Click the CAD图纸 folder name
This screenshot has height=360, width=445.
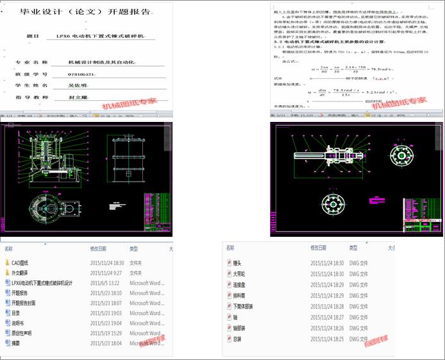tap(20, 262)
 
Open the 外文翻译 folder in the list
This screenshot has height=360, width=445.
tap(21, 273)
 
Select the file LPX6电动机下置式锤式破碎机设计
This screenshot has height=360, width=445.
tap(42, 283)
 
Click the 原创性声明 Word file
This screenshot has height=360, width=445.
tap(21, 333)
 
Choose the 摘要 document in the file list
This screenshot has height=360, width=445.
tap(17, 343)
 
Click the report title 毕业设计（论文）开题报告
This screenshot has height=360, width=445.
tap(87, 11)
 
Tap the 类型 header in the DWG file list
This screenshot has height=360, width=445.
tap(354, 247)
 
